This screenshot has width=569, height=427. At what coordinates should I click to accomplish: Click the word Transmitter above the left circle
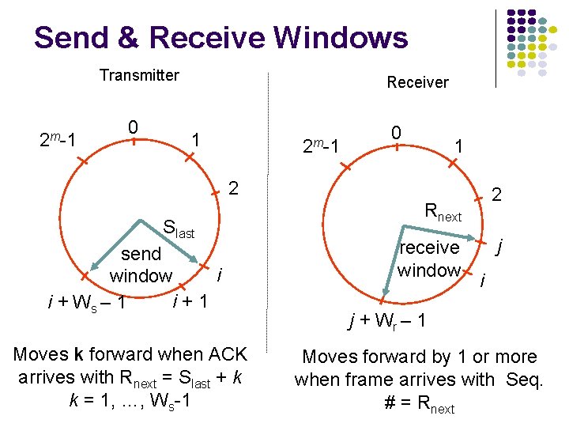click(139, 75)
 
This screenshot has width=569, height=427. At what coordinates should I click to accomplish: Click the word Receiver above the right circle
click(417, 82)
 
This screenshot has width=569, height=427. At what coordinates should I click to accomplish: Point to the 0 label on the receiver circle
click(397, 131)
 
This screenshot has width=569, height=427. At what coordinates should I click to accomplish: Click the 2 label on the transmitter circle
click(232, 188)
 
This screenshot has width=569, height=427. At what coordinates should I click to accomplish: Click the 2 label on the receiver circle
click(496, 194)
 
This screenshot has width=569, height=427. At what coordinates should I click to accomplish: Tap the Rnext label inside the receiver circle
click(443, 211)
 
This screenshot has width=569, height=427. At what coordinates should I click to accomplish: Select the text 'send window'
click(141, 265)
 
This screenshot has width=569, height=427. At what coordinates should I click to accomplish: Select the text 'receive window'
click(429, 259)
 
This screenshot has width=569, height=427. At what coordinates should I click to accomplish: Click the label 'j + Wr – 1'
click(388, 321)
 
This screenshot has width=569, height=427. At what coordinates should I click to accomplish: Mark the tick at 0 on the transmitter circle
click(134, 142)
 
